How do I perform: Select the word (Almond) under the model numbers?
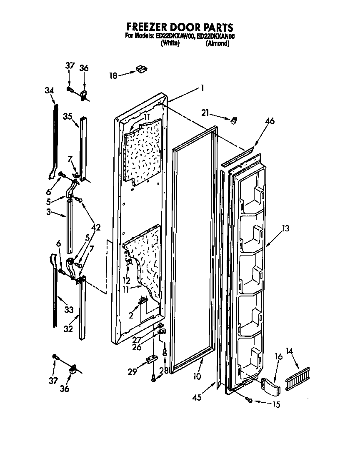click(217, 44)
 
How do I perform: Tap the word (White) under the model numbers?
click(170, 44)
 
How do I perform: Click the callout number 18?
click(113, 75)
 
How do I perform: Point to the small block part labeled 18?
click(141, 69)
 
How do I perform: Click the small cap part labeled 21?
click(234, 120)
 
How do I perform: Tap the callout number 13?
click(285, 228)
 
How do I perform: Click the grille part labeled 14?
click(298, 380)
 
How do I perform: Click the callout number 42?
click(96, 228)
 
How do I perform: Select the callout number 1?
click(202, 88)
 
